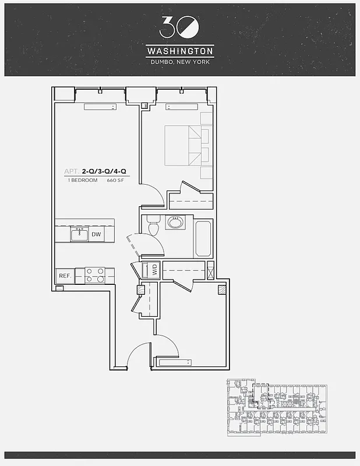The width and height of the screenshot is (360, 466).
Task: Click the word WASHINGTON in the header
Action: (x=179, y=51)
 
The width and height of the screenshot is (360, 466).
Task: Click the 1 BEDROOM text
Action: (x=82, y=181)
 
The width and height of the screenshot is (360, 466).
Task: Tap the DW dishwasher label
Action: (x=96, y=235)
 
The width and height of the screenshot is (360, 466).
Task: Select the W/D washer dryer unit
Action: (x=154, y=270)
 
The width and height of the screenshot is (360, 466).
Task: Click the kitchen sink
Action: (x=79, y=234)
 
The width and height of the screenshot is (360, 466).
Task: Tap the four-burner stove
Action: (x=95, y=275)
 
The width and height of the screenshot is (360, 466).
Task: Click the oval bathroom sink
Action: (x=174, y=222)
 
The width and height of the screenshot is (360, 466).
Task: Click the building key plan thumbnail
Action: (x=276, y=408)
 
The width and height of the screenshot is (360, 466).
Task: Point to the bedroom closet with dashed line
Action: (x=191, y=200)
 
